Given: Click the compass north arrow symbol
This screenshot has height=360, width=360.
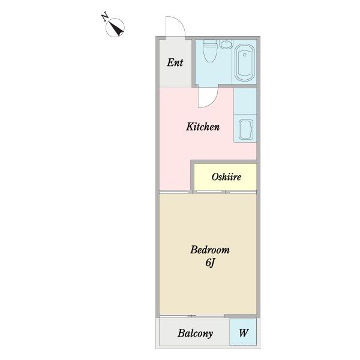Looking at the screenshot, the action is click(x=115, y=28).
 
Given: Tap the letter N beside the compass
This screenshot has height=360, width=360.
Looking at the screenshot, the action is click(x=105, y=17).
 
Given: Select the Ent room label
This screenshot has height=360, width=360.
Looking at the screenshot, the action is click(x=175, y=62).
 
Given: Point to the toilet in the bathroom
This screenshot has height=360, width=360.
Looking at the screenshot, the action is click(x=209, y=51).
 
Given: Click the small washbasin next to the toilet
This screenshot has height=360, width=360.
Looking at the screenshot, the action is click(x=226, y=44).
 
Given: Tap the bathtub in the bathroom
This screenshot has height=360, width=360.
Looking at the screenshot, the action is click(x=245, y=62).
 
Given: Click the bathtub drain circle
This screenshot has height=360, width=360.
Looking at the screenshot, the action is click(x=245, y=55).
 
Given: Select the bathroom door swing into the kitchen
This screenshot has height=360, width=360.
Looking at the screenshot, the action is click(x=208, y=98).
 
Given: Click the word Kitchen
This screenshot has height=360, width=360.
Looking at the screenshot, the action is click(x=203, y=127).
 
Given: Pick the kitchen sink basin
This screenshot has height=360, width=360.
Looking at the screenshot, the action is click(x=245, y=130).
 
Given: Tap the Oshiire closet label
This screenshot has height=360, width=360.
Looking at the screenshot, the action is click(x=226, y=177).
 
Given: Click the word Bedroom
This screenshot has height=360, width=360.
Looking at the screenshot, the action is click(x=210, y=250).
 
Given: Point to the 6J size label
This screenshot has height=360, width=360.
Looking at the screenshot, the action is click(x=210, y=263).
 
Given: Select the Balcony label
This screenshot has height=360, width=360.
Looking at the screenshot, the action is click(x=195, y=334).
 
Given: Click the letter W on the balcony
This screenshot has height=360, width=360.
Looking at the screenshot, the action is click(x=244, y=332).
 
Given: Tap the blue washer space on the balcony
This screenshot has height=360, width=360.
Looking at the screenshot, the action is click(x=243, y=332).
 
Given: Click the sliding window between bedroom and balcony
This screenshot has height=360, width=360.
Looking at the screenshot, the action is click(x=192, y=316).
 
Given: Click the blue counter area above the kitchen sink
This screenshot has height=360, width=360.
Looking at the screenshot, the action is click(x=245, y=101).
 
